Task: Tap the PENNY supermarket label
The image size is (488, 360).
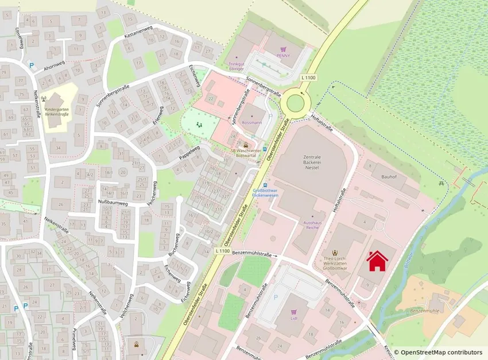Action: (x=283, y=56)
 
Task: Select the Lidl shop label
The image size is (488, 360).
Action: (x=293, y=318)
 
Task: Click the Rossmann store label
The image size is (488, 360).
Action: (x=251, y=123)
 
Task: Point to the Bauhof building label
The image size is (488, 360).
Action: (x=389, y=177)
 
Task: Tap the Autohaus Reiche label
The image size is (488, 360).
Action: (x=312, y=224)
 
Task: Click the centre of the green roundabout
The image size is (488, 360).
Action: (x=296, y=103)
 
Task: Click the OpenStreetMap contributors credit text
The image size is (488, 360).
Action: (x=441, y=352)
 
